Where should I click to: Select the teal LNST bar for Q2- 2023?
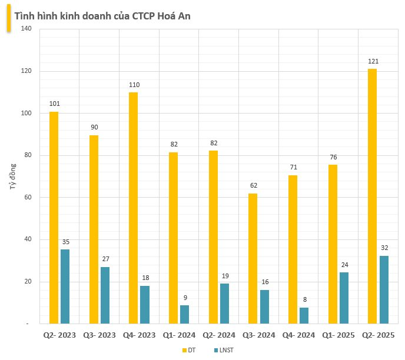tap(65, 286)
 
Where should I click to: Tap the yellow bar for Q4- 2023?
tap(134, 208)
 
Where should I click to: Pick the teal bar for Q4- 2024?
tap(304, 315)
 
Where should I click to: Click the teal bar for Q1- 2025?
tap(344, 298)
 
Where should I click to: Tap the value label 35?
tap(65, 242)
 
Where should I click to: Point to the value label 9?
tap(184, 298)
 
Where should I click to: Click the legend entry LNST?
tap(223, 351)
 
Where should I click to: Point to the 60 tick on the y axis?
tap(26, 198)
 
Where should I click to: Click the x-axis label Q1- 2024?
tap(179, 335)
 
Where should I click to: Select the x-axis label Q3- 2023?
tap(99, 335)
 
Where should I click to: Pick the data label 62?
tap(253, 185)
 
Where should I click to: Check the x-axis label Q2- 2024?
tap(218, 335)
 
